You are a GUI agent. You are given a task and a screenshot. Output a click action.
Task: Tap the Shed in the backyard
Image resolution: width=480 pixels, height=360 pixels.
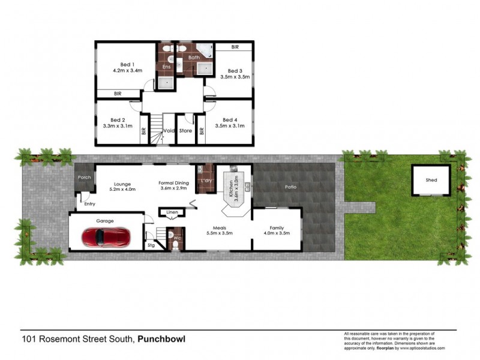431,180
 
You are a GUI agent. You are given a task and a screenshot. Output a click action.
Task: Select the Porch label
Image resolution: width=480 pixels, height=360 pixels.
83,178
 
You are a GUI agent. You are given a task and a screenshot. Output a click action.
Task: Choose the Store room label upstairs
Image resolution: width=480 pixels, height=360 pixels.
185,130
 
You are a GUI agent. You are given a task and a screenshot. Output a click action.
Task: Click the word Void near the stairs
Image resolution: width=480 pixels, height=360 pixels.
169,130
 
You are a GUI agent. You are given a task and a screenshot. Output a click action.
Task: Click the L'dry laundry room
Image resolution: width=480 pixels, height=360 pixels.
205,180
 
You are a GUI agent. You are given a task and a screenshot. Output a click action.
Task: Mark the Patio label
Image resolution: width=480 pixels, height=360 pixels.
290,187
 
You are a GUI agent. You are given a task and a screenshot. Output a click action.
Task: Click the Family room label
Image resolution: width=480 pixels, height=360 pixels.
277,228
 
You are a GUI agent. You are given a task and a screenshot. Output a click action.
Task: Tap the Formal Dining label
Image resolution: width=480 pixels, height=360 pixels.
173,183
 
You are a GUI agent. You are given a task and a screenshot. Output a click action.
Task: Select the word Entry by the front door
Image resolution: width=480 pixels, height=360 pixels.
89,204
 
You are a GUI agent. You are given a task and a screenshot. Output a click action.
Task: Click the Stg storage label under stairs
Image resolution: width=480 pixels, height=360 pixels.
151,245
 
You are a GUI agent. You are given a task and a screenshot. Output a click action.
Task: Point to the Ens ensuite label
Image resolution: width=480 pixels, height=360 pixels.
167,67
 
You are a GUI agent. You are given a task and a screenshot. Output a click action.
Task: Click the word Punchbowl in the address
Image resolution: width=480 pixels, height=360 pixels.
161,339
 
